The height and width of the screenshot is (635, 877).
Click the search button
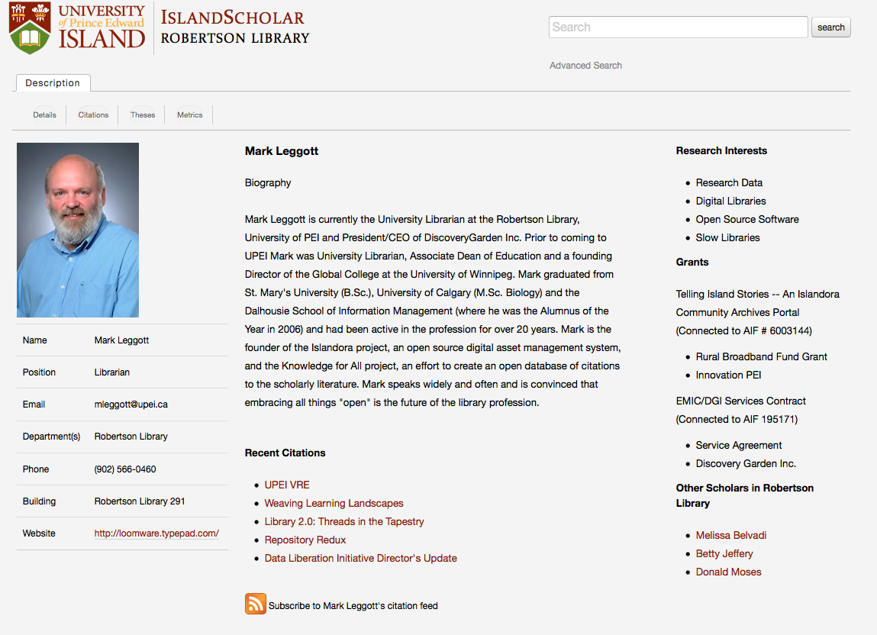pyautogui.click(x=830, y=27)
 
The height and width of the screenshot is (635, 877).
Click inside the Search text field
pyautogui.click(x=678, y=27)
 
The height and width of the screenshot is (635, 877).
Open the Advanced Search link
pyautogui.click(x=585, y=66)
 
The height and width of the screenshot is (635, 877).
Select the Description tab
pyautogui.click(x=53, y=83)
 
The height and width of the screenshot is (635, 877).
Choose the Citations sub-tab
pyautogui.click(x=93, y=115)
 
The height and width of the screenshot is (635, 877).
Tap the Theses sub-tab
pyautogui.click(x=143, y=115)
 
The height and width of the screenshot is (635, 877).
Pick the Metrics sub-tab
pyautogui.click(x=190, y=115)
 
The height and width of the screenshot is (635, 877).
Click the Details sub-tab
pyautogui.click(x=44, y=115)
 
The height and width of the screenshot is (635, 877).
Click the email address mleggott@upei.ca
pyautogui.click(x=131, y=405)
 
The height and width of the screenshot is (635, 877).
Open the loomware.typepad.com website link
pyautogui.click(x=156, y=533)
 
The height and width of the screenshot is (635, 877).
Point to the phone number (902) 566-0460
pyautogui.click(x=125, y=469)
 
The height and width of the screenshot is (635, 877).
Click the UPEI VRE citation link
pyautogui.click(x=287, y=485)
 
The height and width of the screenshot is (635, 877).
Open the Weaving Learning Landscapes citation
pyautogui.click(x=334, y=504)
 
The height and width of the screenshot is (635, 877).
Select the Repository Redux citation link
pyautogui.click(x=305, y=540)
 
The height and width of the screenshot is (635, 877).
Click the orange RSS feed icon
pyautogui.click(x=256, y=604)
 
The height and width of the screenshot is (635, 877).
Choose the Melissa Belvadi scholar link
pyautogui.click(x=730, y=536)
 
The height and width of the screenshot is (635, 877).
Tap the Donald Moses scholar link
pyautogui.click(x=728, y=572)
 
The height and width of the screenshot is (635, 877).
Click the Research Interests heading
pyautogui.click(x=721, y=151)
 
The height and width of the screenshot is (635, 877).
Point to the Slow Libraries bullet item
pyautogui.click(x=727, y=238)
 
